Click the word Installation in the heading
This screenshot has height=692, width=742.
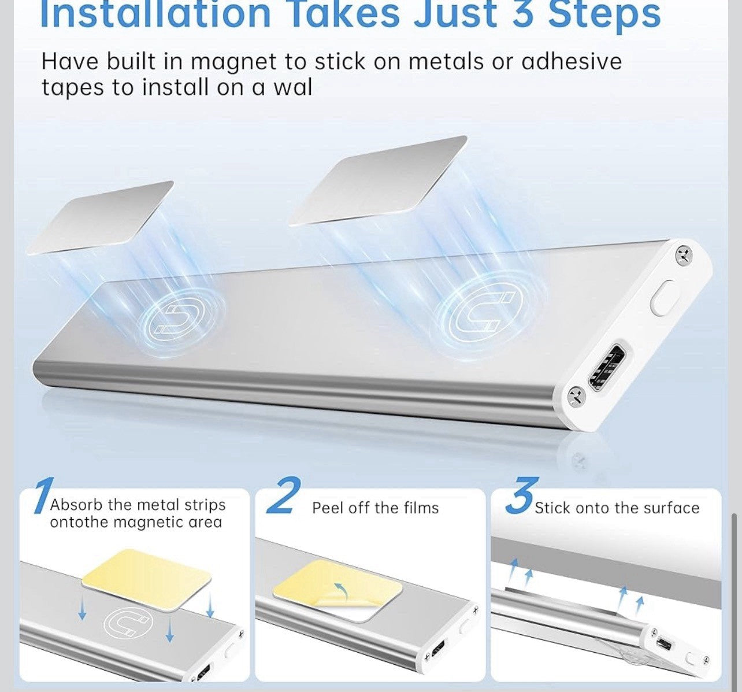pyautogui.click(x=155, y=14)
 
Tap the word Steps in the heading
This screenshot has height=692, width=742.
pyautogui.click(x=604, y=14)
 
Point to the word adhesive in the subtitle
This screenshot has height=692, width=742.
pyautogui.click(x=572, y=61)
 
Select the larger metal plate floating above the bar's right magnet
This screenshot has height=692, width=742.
pyautogui.click(x=379, y=180)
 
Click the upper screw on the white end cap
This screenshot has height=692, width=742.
pyautogui.click(x=684, y=254)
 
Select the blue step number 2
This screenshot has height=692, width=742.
pyautogui.click(x=283, y=496)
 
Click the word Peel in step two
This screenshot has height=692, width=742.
pyautogui.click(x=327, y=508)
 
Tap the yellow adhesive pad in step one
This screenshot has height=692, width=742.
pyautogui.click(x=147, y=571)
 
